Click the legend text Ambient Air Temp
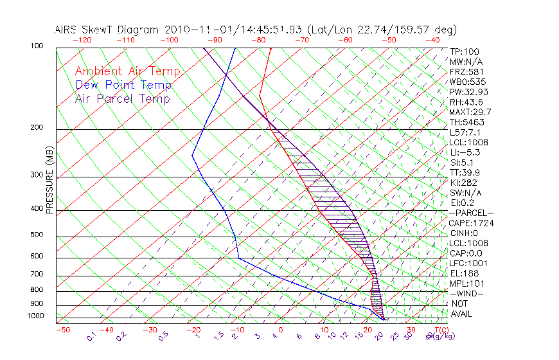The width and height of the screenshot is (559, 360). click(x=127, y=71)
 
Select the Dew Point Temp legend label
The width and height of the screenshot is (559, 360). click(x=123, y=85)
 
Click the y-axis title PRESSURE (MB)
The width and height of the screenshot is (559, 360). click(x=50, y=181)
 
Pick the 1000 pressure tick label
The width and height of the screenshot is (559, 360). click(x=36, y=316)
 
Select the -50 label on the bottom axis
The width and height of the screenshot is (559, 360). click(x=62, y=330)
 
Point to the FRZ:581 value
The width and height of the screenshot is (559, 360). click(x=466, y=71)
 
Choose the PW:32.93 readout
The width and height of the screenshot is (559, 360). click(x=468, y=92)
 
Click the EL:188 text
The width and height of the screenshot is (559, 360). click(x=464, y=273)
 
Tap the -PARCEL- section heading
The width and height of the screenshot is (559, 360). click(x=471, y=213)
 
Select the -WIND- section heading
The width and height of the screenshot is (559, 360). click(x=466, y=294)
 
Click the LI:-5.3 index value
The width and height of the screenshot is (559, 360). click(x=466, y=152)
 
